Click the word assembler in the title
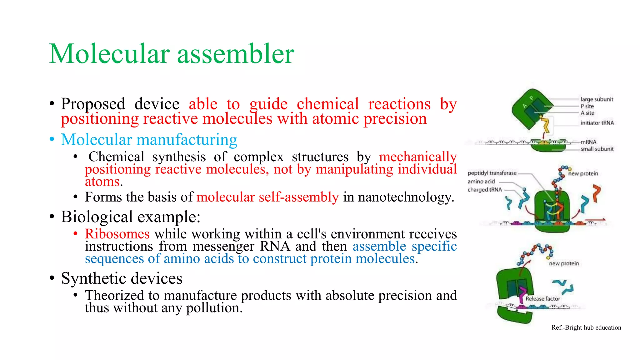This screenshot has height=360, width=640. pyautogui.click(x=236, y=54)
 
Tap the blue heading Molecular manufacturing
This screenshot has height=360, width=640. pyautogui.click(x=149, y=140)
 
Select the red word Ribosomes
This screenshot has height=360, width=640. pyautogui.click(x=117, y=234)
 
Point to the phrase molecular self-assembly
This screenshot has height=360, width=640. pyautogui.click(x=267, y=197)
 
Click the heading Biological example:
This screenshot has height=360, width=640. pyautogui.click(x=131, y=217)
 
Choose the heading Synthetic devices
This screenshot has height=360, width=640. pyautogui.click(x=122, y=278)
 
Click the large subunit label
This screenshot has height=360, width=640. pyautogui.click(x=597, y=99)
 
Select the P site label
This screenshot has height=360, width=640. pyautogui.click(x=587, y=106)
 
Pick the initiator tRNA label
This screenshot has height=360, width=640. pyautogui.click(x=597, y=123)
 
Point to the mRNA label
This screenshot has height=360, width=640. pyautogui.click(x=588, y=142)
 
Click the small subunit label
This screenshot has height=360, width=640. pyautogui.click(x=597, y=149)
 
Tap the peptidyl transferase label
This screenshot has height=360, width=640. pyautogui.click(x=492, y=173)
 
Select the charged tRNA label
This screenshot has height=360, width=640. pyautogui.click(x=484, y=190)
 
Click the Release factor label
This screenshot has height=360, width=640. pyautogui.click(x=542, y=299)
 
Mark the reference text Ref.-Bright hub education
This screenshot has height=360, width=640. pyautogui.click(x=586, y=327)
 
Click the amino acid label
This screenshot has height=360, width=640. pyautogui.click(x=481, y=182)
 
